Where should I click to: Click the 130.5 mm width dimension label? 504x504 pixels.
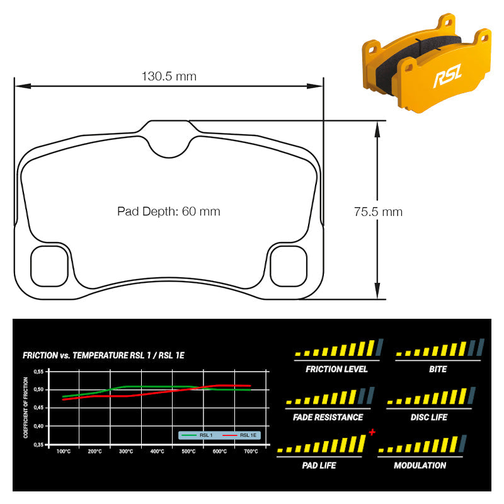click(x=169, y=76)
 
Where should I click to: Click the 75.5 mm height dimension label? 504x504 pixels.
click(x=378, y=212)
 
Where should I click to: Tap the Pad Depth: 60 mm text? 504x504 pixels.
click(x=169, y=211)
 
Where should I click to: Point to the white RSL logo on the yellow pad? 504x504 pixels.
click(x=447, y=75)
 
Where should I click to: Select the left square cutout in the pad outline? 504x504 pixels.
click(x=49, y=266)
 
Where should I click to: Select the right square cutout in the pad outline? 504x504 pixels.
click(x=289, y=266)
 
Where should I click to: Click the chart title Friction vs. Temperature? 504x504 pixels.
click(x=103, y=355)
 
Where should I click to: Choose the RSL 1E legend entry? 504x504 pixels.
click(x=240, y=435)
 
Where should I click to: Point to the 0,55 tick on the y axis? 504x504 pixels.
click(x=38, y=372)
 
